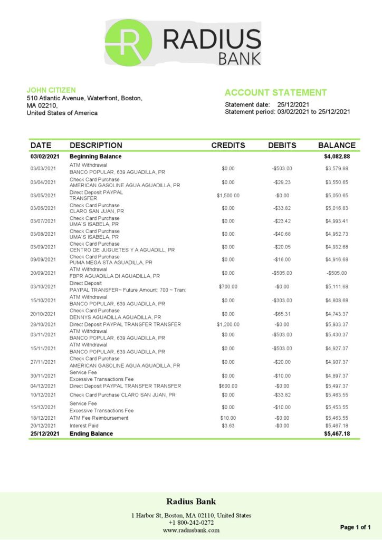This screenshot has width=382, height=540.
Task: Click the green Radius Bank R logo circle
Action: pyautogui.click(x=128, y=42)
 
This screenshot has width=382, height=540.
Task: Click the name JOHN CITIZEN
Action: pyautogui.click(x=51, y=90)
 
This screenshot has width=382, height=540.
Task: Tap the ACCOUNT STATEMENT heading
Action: pyautogui.click(x=275, y=93)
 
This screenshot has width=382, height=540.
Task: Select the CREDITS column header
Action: pyautogui.click(x=228, y=146)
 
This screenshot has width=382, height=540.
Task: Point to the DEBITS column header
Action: pyautogui.click(x=282, y=146)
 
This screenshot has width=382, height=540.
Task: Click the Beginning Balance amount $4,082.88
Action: pyautogui.click(x=337, y=157)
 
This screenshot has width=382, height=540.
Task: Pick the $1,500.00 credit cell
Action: pyautogui.click(x=228, y=196)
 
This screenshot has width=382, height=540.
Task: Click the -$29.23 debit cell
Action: pyautogui.click(x=282, y=182)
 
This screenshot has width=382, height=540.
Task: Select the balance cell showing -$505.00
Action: pyautogui.click(x=337, y=273)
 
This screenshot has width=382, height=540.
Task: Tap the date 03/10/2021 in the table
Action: pyautogui.click(x=43, y=286)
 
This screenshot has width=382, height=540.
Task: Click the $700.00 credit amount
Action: pyautogui.click(x=228, y=286)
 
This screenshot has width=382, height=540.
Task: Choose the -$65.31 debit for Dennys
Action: pyautogui.click(x=282, y=314)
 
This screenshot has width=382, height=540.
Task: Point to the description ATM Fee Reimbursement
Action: pyautogui.click(x=99, y=418)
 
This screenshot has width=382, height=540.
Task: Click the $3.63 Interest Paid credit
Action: pyautogui.click(x=228, y=426)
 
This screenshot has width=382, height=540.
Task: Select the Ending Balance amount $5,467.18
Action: pyautogui.click(x=337, y=433)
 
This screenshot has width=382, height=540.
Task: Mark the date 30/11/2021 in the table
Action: pyautogui.click(x=43, y=375)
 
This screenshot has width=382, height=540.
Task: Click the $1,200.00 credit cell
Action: pyautogui.click(x=228, y=324)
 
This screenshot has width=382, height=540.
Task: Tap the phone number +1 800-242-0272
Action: pyautogui.click(x=191, y=523)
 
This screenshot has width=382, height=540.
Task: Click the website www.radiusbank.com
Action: pyautogui.click(x=191, y=530)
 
